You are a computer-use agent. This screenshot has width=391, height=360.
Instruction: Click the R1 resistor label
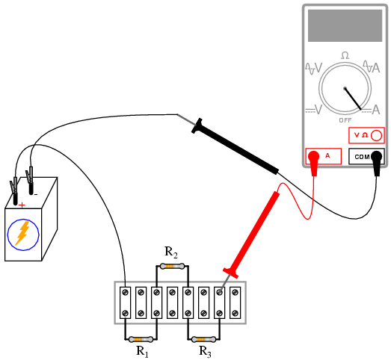142,352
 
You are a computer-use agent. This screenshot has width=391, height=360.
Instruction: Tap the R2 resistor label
171,252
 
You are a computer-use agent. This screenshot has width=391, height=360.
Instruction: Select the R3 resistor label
205,352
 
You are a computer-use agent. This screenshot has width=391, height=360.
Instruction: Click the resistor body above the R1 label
141,339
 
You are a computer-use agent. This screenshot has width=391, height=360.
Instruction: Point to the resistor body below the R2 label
172,267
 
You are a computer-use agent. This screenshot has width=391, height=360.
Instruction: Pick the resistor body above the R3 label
204,339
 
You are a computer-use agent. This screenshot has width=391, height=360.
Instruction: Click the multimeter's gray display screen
345,25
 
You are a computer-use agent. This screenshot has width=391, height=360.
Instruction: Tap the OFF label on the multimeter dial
345,120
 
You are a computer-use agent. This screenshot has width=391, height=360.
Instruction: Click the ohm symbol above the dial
345,55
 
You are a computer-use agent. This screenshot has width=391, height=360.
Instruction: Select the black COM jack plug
377,161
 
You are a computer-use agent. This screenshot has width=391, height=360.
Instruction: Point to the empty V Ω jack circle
376,135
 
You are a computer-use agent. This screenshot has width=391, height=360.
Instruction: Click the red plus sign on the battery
22,205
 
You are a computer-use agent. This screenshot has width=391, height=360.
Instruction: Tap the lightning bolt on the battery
22,234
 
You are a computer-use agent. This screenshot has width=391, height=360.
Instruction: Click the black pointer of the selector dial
353,99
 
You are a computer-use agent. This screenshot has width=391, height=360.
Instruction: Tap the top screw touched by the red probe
220,292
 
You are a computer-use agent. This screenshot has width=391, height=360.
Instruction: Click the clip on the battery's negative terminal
30,180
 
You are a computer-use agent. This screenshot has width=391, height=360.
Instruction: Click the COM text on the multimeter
362,157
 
